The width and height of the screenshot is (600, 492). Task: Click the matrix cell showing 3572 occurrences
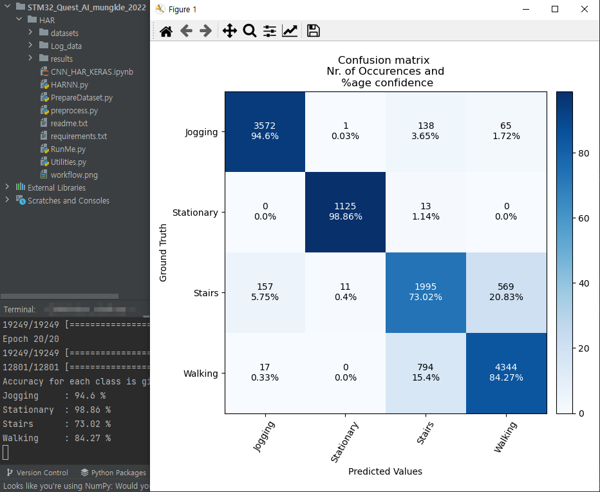tap(265, 131)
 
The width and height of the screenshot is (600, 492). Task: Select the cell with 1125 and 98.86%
tap(345, 211)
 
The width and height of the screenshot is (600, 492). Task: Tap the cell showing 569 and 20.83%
tap(506, 292)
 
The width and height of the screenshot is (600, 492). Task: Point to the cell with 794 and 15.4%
tap(426, 373)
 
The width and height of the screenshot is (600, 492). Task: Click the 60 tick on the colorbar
tap(583, 218)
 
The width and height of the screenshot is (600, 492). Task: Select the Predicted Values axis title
tap(385, 471)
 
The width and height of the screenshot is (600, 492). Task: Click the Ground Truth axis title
tap(164, 252)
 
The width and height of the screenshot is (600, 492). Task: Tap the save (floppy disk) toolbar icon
tap(314, 31)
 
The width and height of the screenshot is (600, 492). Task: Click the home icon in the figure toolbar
tap(166, 31)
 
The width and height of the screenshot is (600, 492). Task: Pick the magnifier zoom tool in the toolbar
tap(250, 31)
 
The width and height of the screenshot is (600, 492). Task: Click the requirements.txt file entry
tap(79, 136)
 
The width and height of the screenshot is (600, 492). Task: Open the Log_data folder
tap(66, 46)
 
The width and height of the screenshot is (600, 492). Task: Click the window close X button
tap(584, 9)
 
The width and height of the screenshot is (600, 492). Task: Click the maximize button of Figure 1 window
tap(555, 9)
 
